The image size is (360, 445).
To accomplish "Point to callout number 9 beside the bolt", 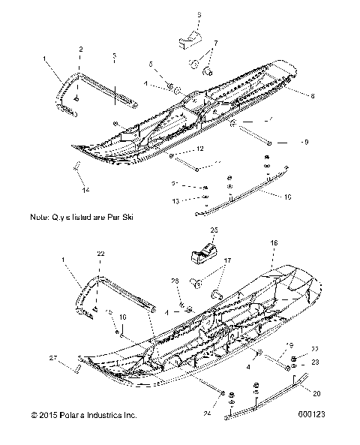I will (x=304, y=141).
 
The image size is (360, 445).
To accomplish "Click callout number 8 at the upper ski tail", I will (x=312, y=95).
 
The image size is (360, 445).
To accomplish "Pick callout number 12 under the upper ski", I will (x=201, y=149).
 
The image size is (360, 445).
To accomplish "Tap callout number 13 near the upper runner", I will (x=174, y=201).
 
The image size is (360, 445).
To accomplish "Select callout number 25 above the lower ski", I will (x=214, y=230).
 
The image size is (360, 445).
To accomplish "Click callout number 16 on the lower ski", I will (x=274, y=244).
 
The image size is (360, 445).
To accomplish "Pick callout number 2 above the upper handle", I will (x=80, y=48).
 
